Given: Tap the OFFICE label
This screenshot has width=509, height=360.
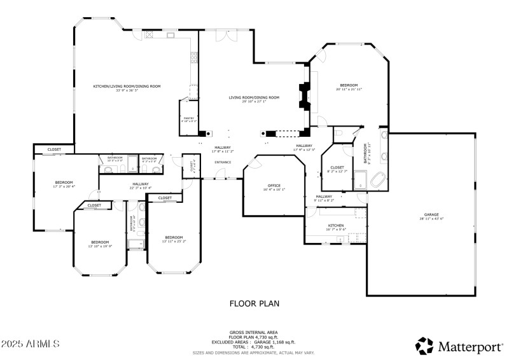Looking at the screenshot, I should coord(274,185).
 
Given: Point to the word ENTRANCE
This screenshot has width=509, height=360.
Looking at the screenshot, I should coord(223,162).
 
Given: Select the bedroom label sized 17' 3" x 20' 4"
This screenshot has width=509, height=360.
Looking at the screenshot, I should coord(64,183).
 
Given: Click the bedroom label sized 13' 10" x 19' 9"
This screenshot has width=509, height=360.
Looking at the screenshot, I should coord(100,242).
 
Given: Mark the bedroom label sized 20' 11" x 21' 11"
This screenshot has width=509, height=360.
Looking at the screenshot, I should coord(349,86).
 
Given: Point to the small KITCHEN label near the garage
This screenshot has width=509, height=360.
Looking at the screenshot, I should coord(336,226).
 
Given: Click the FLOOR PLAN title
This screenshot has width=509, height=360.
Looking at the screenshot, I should coord(254,303).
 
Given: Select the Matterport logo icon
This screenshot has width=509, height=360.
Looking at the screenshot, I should coord(424,346).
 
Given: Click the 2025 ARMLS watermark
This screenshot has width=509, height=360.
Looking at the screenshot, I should coord(31,343).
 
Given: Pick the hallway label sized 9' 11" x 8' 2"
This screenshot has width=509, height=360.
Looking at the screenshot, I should coord(323,197).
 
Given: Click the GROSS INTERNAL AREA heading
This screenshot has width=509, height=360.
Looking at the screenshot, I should coord(254,332).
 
